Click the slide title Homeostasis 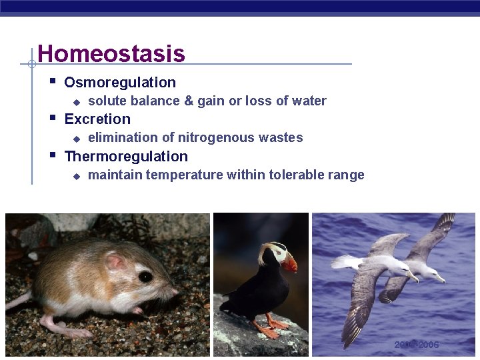(111, 53)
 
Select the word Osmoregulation (120, 83)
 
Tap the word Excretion (97, 119)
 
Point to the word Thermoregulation (126, 157)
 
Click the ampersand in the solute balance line (189, 101)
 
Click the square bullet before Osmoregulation (53, 81)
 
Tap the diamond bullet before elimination (77, 139)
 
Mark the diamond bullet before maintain (77, 176)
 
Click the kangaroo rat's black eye (145, 276)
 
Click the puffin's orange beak (289, 264)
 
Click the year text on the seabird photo (417, 345)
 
